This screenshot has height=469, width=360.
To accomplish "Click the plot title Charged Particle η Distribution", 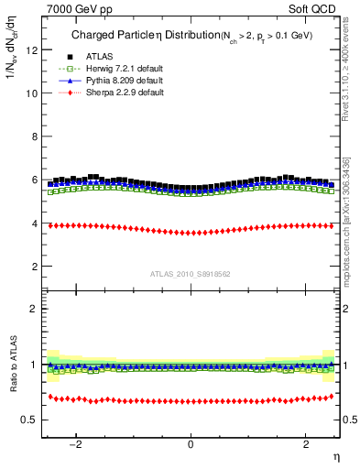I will [x=132, y=36].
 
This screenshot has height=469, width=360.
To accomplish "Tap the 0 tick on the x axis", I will [x=191, y=444].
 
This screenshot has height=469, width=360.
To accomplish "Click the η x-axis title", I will [x=335, y=456].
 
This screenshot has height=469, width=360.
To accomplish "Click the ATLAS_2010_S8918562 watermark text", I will [x=190, y=273].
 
